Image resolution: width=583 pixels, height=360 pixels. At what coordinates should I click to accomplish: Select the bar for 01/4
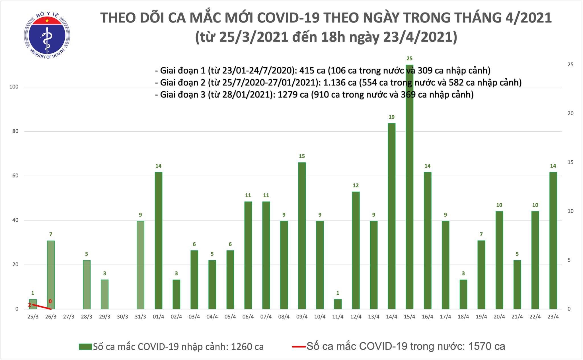tap(158, 240)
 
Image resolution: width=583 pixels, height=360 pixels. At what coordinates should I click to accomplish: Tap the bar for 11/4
tap(338, 304)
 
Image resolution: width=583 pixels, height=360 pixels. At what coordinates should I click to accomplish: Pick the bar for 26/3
tap(51, 275)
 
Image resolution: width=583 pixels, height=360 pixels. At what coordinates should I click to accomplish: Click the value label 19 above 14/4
tap(391, 117)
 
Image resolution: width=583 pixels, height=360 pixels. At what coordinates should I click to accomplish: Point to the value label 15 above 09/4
tap(302, 156)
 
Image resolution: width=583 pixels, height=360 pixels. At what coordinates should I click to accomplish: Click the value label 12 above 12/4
tap(356, 185)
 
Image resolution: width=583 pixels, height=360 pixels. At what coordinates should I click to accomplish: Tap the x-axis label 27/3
tap(69, 317)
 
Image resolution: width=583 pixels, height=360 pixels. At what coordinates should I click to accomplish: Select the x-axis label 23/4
tap(553, 317)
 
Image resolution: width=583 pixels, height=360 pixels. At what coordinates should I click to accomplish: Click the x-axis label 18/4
tap(463, 317)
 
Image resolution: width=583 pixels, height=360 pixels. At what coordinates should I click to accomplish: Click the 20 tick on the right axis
tap(570, 113)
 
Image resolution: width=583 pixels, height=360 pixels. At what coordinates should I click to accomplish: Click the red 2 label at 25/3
tap(29, 305)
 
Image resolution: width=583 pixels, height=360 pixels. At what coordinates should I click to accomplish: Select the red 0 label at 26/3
tap(50, 301)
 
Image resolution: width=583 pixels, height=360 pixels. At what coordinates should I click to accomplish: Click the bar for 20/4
tap(499, 260)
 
